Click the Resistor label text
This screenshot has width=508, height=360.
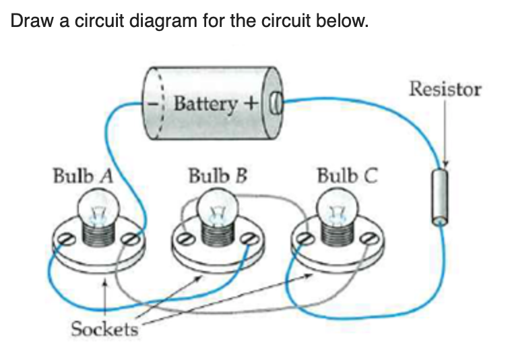point(445,89)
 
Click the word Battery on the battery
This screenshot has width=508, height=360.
point(205,104)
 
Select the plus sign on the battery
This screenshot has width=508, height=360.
point(251,104)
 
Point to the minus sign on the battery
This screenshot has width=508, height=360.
point(154,105)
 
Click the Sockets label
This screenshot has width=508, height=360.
point(104,329)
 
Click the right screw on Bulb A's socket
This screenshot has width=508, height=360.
point(133,238)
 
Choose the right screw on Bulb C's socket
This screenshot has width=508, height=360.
point(368,238)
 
